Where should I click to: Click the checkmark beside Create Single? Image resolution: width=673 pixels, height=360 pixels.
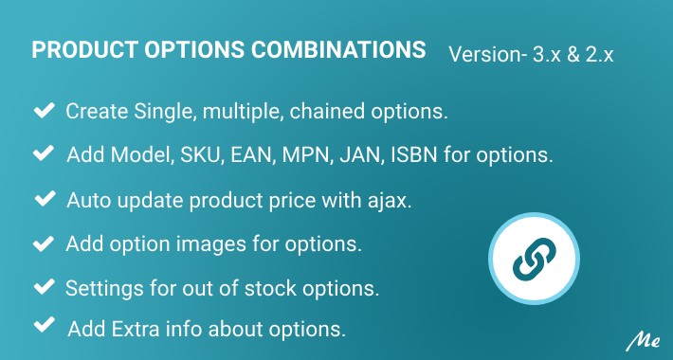[x=43, y=112]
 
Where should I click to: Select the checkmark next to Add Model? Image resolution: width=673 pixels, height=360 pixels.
[x=43, y=153]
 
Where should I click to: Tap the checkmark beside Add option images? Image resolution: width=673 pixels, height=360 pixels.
[x=43, y=243]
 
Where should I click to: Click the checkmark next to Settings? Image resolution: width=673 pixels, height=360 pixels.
[x=43, y=286]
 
